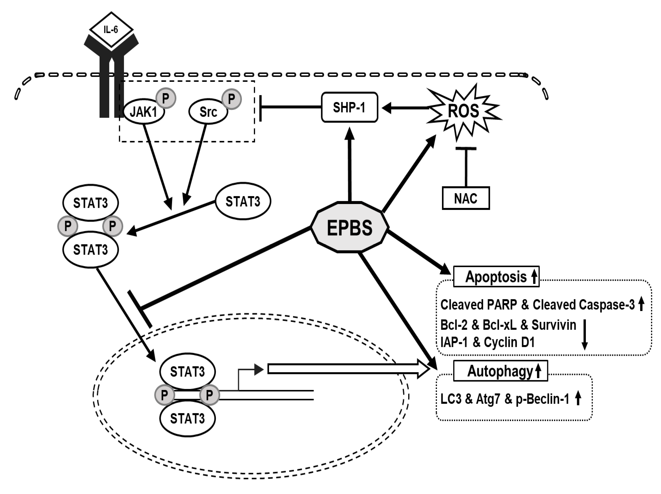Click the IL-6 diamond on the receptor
(x=111, y=30)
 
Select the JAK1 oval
(x=144, y=112)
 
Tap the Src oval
(x=208, y=112)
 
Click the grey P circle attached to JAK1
(x=166, y=98)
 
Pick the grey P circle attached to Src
(x=231, y=99)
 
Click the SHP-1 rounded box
(x=349, y=107)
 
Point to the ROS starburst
(x=463, y=111)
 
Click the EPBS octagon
(x=350, y=228)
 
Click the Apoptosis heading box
(x=496, y=277)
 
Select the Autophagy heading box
(x=501, y=371)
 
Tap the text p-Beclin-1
(x=542, y=399)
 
